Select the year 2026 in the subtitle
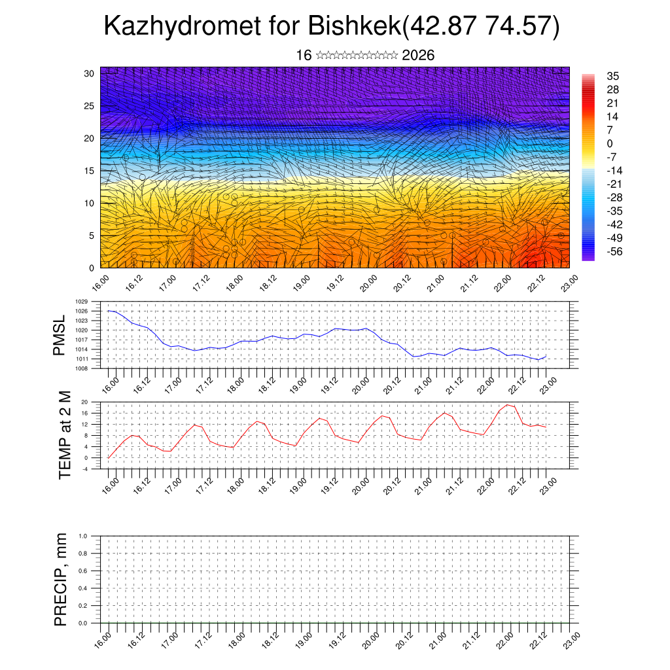[418, 56]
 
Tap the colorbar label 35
[613, 76]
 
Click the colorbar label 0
[610, 143]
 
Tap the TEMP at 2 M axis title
[64, 434]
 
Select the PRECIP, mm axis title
[61, 578]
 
